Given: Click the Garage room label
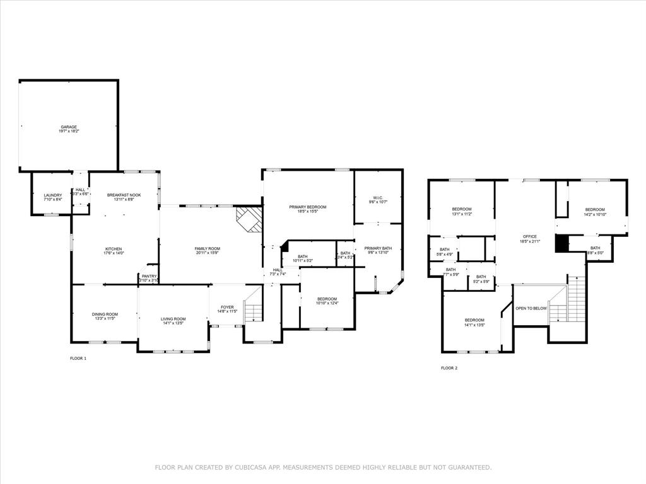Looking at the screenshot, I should click(x=69, y=127).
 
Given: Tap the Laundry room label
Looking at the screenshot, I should click(x=53, y=195).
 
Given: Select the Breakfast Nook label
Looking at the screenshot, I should click(x=124, y=195).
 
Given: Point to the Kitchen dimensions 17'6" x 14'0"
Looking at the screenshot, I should click(x=114, y=253).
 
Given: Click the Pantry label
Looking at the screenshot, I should click(x=149, y=276).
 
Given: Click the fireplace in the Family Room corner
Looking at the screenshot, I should click(x=249, y=219).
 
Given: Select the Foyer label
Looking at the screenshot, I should click(x=227, y=307).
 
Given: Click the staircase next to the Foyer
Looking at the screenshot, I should click(x=253, y=311).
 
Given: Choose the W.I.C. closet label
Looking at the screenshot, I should click(x=378, y=198).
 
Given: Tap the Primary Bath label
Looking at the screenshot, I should click(x=378, y=248).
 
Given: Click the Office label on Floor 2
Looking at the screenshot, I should click(x=530, y=236).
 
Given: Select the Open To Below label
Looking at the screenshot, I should click(x=531, y=308).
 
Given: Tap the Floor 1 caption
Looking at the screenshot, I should click(x=78, y=358).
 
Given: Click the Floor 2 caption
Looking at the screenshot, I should click(x=449, y=367).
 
